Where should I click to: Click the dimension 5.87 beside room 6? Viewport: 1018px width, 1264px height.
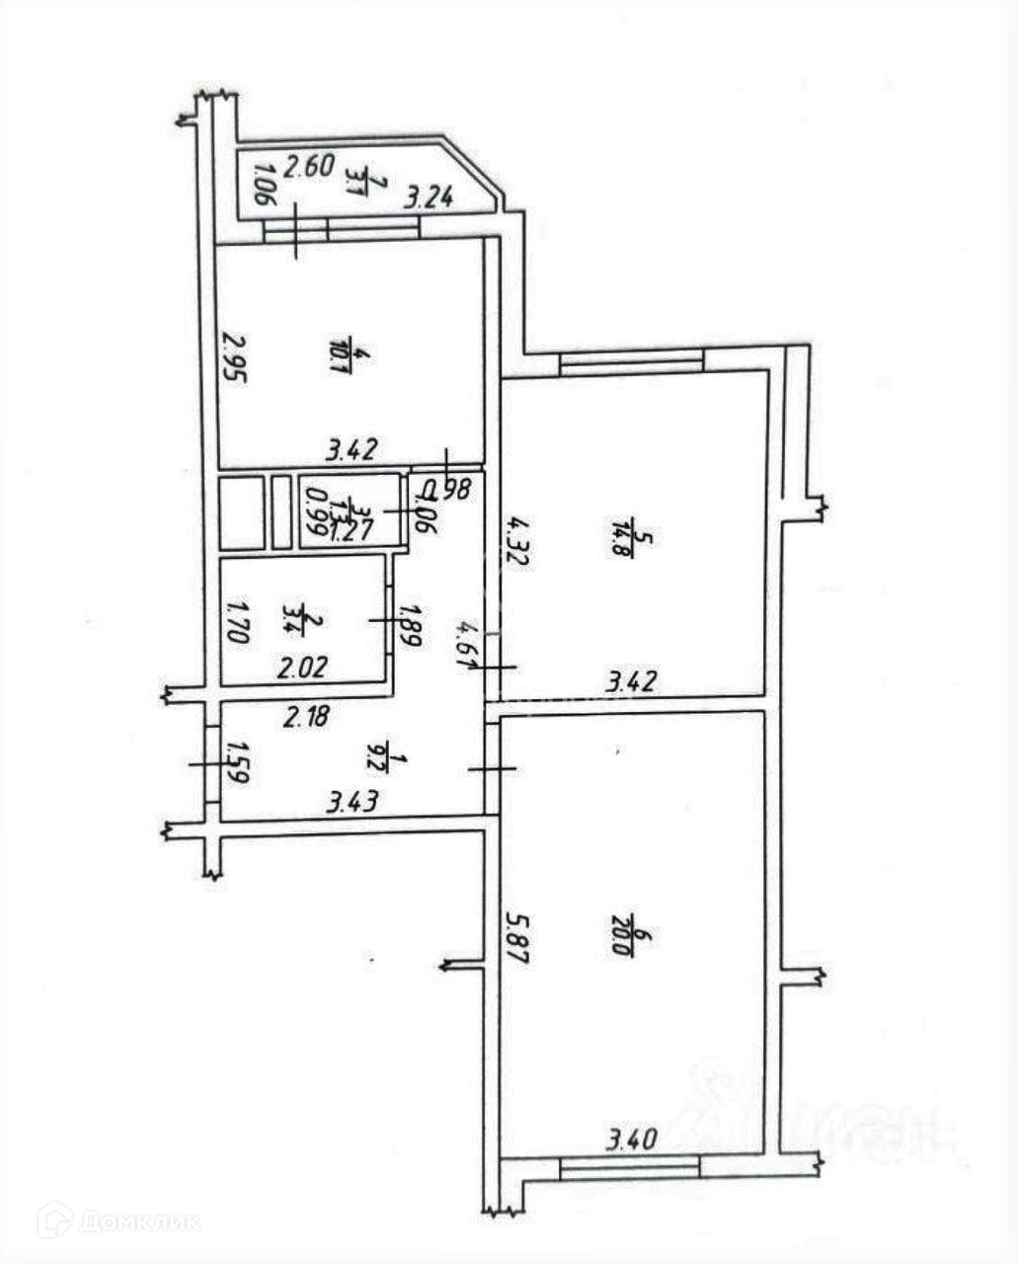coord(515,939)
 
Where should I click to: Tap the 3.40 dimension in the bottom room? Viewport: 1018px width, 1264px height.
coord(631,1141)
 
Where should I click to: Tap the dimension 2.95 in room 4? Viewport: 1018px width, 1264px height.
coord(233,356)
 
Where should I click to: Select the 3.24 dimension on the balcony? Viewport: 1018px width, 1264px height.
coord(430,197)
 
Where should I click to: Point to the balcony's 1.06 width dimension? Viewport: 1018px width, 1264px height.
coord(261,185)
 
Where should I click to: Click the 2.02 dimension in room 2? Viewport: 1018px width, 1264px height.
coord(301,669)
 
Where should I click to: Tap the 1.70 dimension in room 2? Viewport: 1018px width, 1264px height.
coord(236,622)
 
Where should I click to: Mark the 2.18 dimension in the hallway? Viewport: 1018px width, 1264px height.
coord(307,716)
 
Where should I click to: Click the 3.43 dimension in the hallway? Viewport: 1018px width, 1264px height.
coord(352,802)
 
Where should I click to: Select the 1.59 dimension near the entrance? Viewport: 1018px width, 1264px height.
coord(237,762)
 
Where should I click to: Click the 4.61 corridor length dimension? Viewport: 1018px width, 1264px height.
coord(461,645)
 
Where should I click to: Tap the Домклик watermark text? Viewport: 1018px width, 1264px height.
coord(138,1223)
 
